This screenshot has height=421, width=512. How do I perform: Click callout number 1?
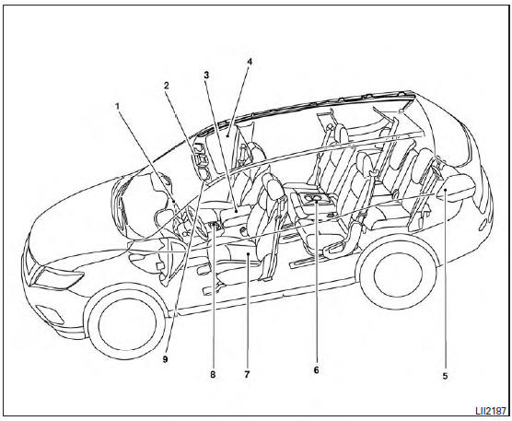(117, 106)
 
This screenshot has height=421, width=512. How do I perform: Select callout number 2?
(167, 86)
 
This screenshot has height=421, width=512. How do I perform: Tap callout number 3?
(206, 75)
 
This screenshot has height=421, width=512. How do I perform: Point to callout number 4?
(250, 62)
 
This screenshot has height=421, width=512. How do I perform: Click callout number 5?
(445, 376)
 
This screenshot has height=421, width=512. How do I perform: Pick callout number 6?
(316, 370)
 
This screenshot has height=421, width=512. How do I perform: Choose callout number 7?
(247, 374)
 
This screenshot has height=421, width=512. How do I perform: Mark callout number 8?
(213, 374)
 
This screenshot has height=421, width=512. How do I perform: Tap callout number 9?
(165, 359)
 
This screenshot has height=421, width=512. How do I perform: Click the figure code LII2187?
(490, 411)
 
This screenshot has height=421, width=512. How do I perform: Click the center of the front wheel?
(127, 322)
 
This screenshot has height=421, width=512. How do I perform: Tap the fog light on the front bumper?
(49, 314)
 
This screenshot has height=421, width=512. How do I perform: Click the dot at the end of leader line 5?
(445, 189)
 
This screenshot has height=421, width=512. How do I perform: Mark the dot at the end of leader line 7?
(249, 253)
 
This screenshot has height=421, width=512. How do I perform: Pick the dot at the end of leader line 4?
(228, 134)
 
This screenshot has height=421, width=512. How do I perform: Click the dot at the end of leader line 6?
(317, 202)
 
